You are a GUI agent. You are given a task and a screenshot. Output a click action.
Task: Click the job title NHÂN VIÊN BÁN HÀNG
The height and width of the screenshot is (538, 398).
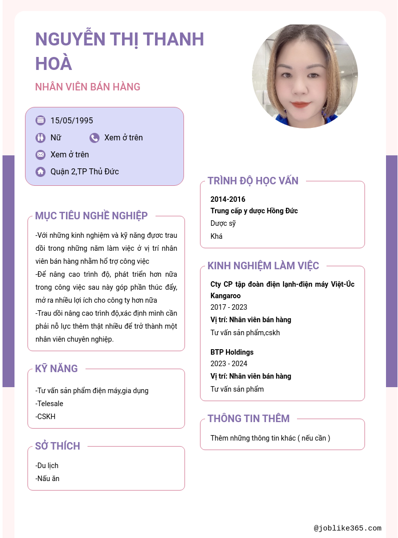[x=87, y=87]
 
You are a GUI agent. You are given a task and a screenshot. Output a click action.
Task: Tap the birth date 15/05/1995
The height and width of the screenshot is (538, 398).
[x=71, y=120]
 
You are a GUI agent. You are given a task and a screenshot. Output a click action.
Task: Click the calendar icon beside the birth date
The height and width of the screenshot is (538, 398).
[x=40, y=120]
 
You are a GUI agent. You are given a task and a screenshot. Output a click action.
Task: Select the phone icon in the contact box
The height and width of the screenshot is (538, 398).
[x=94, y=138]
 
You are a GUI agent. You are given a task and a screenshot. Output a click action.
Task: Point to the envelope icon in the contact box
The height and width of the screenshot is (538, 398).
[x=40, y=155]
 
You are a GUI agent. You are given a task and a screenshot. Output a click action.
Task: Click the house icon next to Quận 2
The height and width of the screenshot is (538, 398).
[x=40, y=172]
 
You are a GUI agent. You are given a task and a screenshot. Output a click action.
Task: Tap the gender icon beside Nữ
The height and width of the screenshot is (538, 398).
[x=40, y=138]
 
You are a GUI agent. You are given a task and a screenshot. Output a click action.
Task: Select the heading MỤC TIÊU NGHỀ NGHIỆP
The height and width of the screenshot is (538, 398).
[x=91, y=216]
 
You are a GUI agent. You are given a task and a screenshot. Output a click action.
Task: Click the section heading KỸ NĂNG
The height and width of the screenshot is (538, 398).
[x=56, y=369]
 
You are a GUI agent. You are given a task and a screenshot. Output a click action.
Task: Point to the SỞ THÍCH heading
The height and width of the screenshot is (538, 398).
[x=57, y=446]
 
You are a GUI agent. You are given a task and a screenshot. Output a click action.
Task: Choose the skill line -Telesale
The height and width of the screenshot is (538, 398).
[x=49, y=404]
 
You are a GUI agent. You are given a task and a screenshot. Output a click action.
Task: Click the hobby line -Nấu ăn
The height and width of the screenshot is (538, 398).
[x=47, y=479]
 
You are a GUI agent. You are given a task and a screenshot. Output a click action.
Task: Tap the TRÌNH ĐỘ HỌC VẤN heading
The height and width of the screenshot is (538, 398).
[x=253, y=181]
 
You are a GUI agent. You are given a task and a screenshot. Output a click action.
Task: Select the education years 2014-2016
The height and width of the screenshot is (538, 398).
[x=228, y=199]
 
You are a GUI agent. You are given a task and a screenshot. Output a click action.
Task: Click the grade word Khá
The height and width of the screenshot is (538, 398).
[x=216, y=236]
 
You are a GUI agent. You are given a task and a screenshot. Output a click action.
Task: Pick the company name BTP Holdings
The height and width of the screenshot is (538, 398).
[x=232, y=352]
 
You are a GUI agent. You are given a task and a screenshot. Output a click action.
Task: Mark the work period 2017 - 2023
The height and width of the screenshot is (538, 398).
[x=228, y=307]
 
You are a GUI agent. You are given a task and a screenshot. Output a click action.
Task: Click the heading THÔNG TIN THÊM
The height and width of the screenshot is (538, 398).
[x=248, y=419]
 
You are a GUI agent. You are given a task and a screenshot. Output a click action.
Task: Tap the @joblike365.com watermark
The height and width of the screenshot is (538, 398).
[x=347, y=528]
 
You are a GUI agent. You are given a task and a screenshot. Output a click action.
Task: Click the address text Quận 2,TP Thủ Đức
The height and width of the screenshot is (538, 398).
[x=84, y=172]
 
